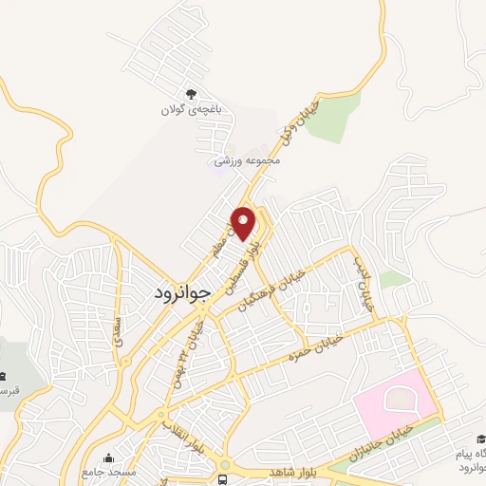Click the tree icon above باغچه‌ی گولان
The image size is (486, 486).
pyautogui.click(x=190, y=93)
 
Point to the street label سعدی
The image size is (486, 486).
pyautogui.click(x=118, y=332)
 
